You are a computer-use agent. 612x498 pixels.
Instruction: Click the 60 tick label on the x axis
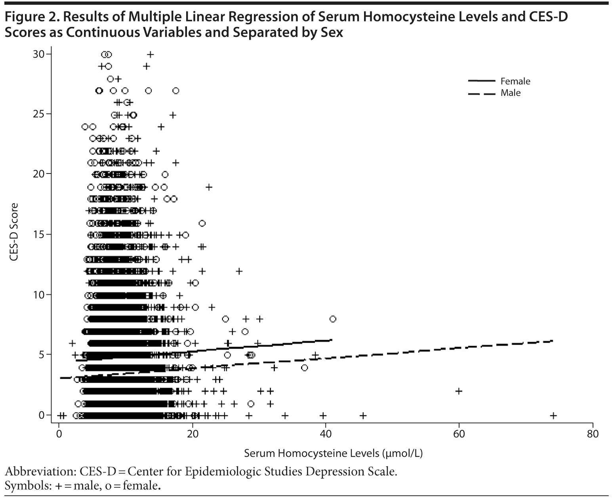[459, 434]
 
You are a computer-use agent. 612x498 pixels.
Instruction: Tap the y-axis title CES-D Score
[15, 232]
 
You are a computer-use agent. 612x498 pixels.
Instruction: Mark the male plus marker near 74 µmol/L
[553, 416]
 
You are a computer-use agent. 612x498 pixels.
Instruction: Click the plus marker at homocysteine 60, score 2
[459, 391]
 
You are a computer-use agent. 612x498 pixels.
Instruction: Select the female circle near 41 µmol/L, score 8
[333, 319]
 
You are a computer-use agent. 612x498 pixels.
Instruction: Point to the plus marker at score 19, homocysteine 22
[209, 187]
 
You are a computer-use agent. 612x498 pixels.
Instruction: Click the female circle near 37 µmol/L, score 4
[304, 368]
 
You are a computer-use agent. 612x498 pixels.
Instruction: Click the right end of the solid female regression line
[332, 340]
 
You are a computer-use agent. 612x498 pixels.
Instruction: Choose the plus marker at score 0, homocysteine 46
[363, 416]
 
